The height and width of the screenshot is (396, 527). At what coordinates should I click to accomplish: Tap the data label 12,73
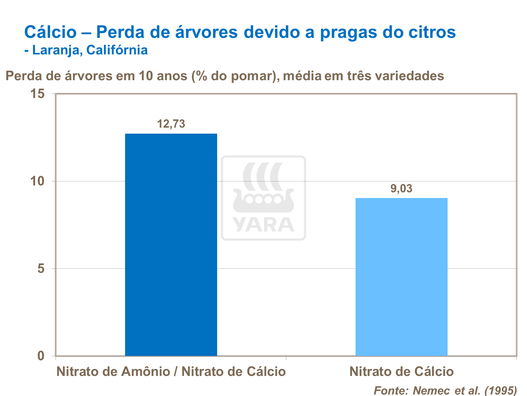point(171,124)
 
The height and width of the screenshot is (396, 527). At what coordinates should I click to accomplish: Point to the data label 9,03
point(401,189)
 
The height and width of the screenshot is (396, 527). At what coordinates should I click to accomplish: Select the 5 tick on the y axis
point(41,269)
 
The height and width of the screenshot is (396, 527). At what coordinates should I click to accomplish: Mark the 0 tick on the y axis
point(41,356)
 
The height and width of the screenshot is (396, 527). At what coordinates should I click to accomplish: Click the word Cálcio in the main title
point(50,32)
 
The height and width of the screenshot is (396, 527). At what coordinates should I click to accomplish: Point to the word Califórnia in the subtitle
point(117,50)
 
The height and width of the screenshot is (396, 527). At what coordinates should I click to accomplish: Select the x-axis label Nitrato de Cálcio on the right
point(401,372)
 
